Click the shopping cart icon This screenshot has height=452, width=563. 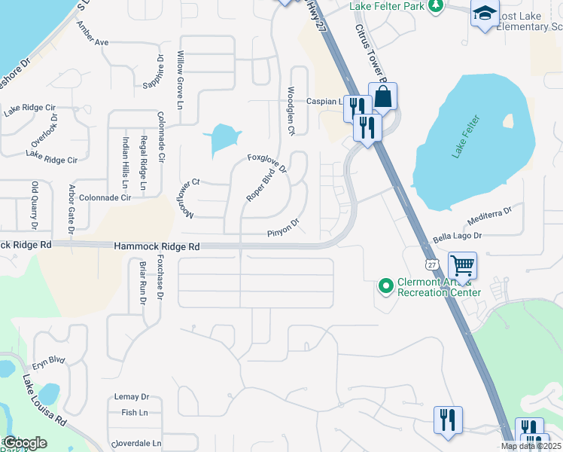click(462, 265)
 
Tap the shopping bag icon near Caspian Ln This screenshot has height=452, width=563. click(382, 96)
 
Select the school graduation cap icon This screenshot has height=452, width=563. click(485, 14)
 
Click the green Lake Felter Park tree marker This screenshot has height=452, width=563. click(435, 6)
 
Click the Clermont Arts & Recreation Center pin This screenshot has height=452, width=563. click(386, 286)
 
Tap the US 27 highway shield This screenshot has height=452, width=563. click(431, 264)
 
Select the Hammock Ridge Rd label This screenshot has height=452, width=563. click(157, 246)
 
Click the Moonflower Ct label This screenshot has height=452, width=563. click(185, 198)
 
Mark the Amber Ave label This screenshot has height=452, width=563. click(93, 33)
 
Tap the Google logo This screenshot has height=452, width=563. click(24, 443)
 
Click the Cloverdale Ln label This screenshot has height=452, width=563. click(136, 444)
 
